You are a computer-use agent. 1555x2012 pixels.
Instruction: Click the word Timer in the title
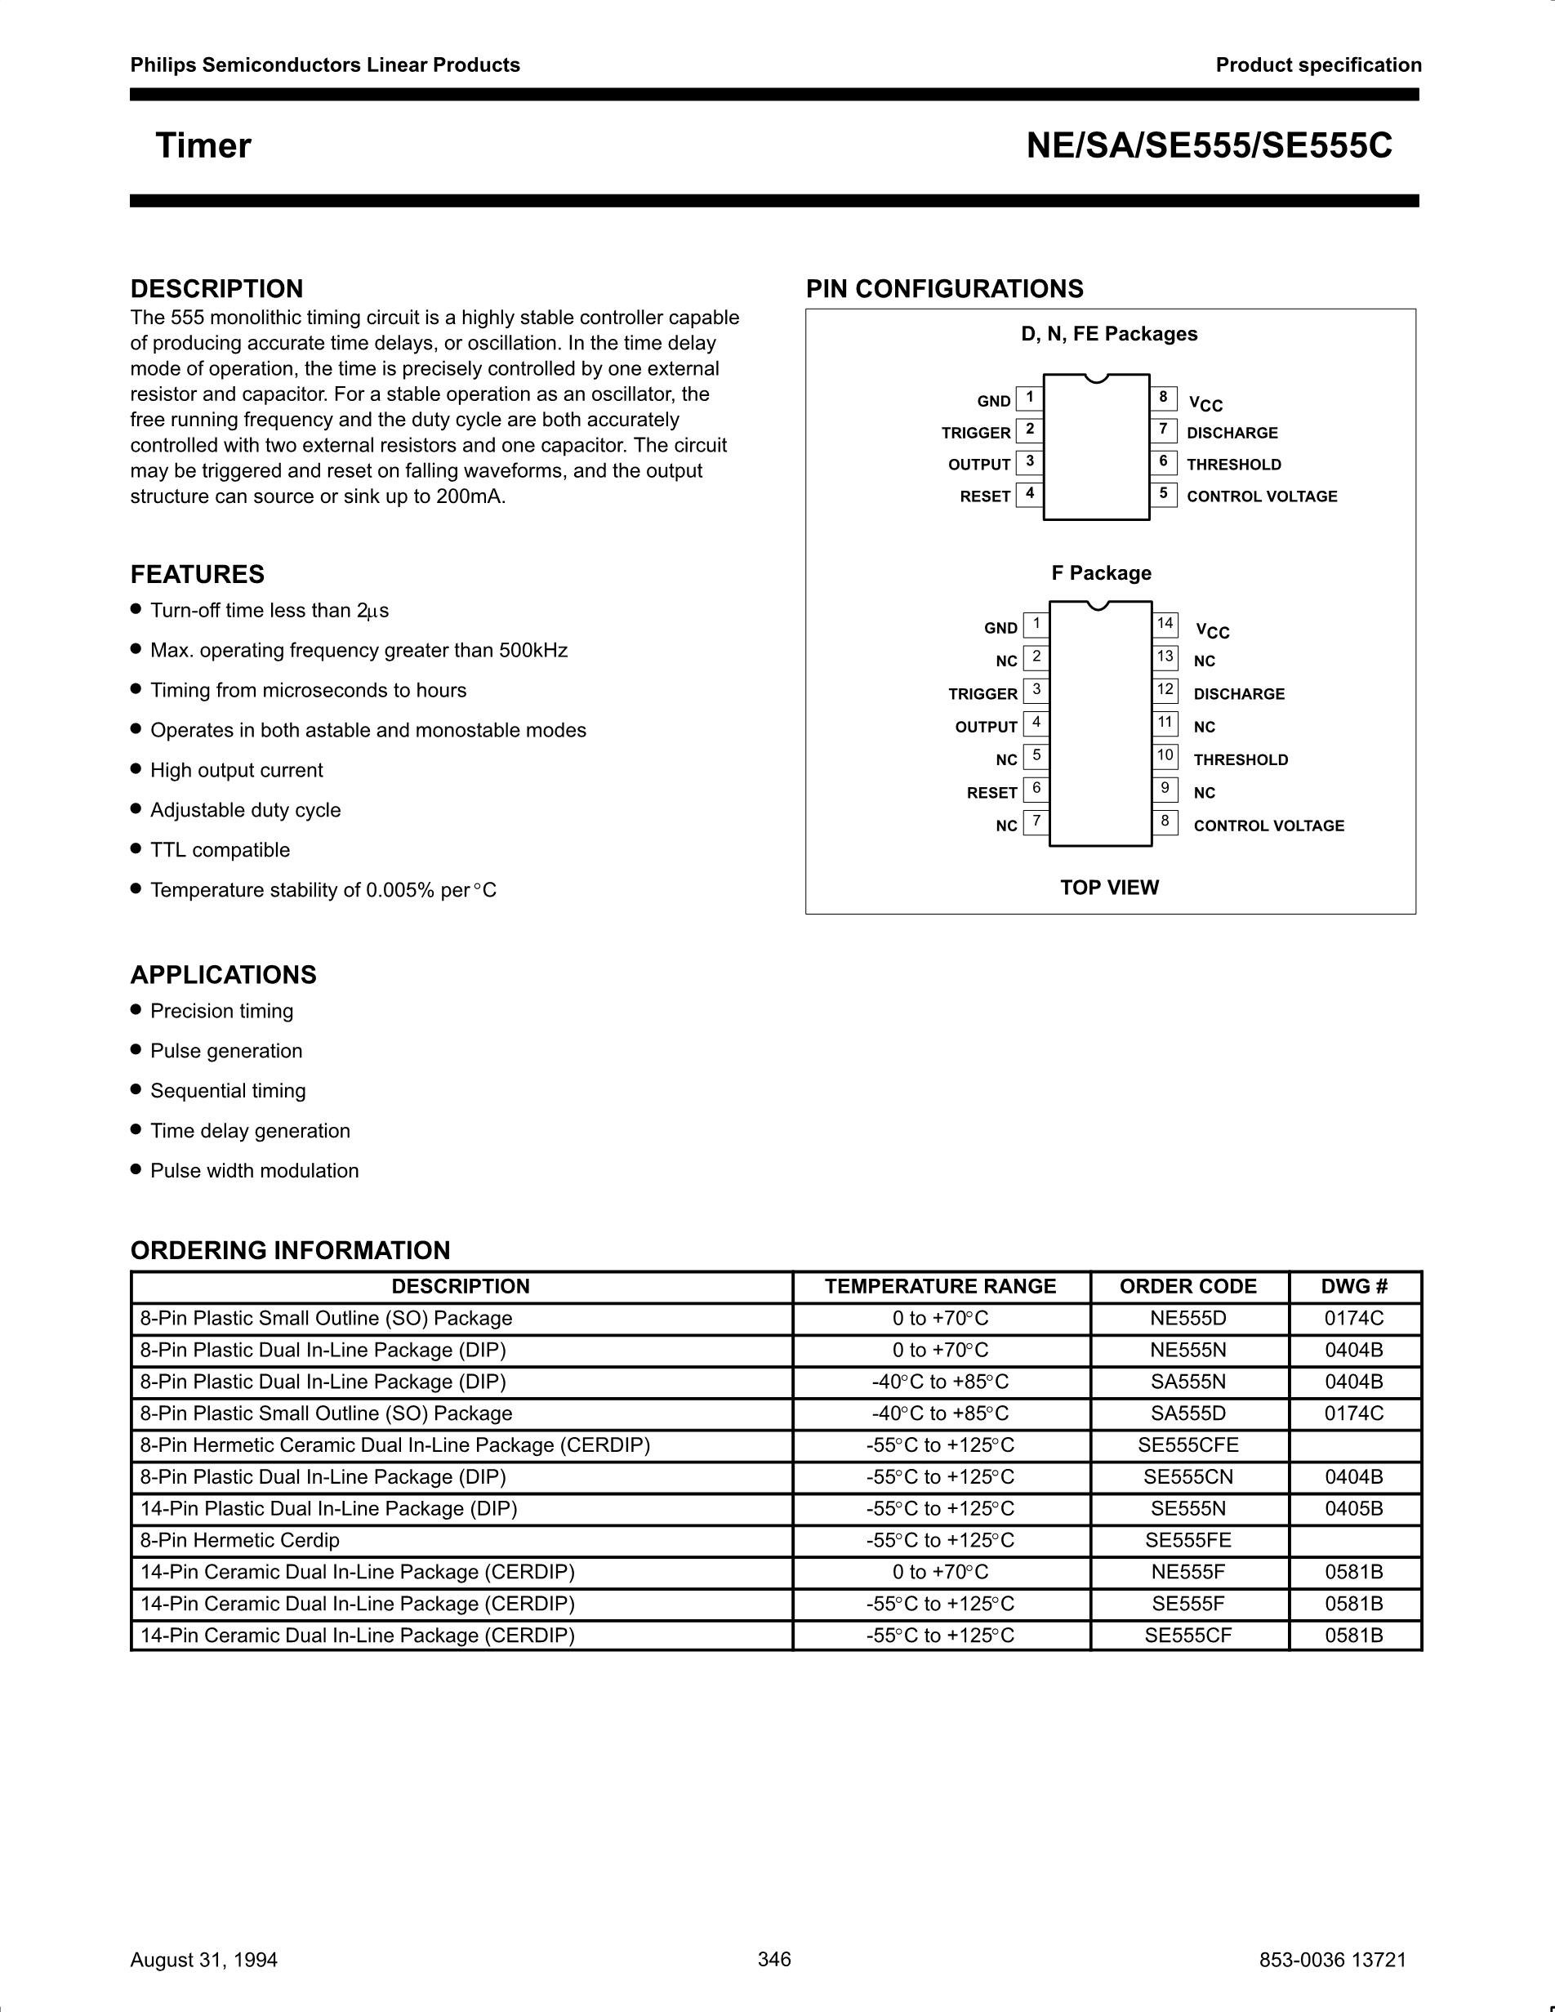pyautogui.click(x=203, y=146)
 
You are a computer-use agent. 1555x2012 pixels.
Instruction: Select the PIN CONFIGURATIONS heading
pyautogui.click(x=944, y=289)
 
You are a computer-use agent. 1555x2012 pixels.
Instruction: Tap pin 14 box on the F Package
pyautogui.click(x=1165, y=625)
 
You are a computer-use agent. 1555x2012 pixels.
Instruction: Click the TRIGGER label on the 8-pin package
pyautogui.click(x=976, y=433)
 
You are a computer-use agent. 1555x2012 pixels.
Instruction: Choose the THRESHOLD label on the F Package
pyautogui.click(x=1240, y=760)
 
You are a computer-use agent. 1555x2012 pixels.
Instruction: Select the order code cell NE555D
pyautogui.click(x=1187, y=1318)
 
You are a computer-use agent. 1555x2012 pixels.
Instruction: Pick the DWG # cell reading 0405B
pyautogui.click(x=1353, y=1508)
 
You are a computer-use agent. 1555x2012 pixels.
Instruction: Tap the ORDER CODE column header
pyautogui.click(x=1187, y=1287)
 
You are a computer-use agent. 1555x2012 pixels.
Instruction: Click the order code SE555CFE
pyautogui.click(x=1187, y=1445)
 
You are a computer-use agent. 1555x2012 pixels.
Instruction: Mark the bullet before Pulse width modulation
pyautogui.click(x=136, y=1169)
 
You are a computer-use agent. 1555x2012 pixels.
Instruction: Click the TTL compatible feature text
pyautogui.click(x=221, y=850)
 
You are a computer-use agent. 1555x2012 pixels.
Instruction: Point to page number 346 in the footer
pyautogui.click(x=773, y=1959)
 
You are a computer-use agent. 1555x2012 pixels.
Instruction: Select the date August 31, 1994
pyautogui.click(x=203, y=1960)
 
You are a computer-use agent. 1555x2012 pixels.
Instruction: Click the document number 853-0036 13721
pyautogui.click(x=1332, y=1960)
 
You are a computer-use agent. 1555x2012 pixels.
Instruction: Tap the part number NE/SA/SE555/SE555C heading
pyautogui.click(x=1209, y=146)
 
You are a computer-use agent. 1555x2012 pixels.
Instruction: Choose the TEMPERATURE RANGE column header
pyautogui.click(x=940, y=1287)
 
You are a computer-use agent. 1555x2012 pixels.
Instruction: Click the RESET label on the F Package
pyautogui.click(x=991, y=793)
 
